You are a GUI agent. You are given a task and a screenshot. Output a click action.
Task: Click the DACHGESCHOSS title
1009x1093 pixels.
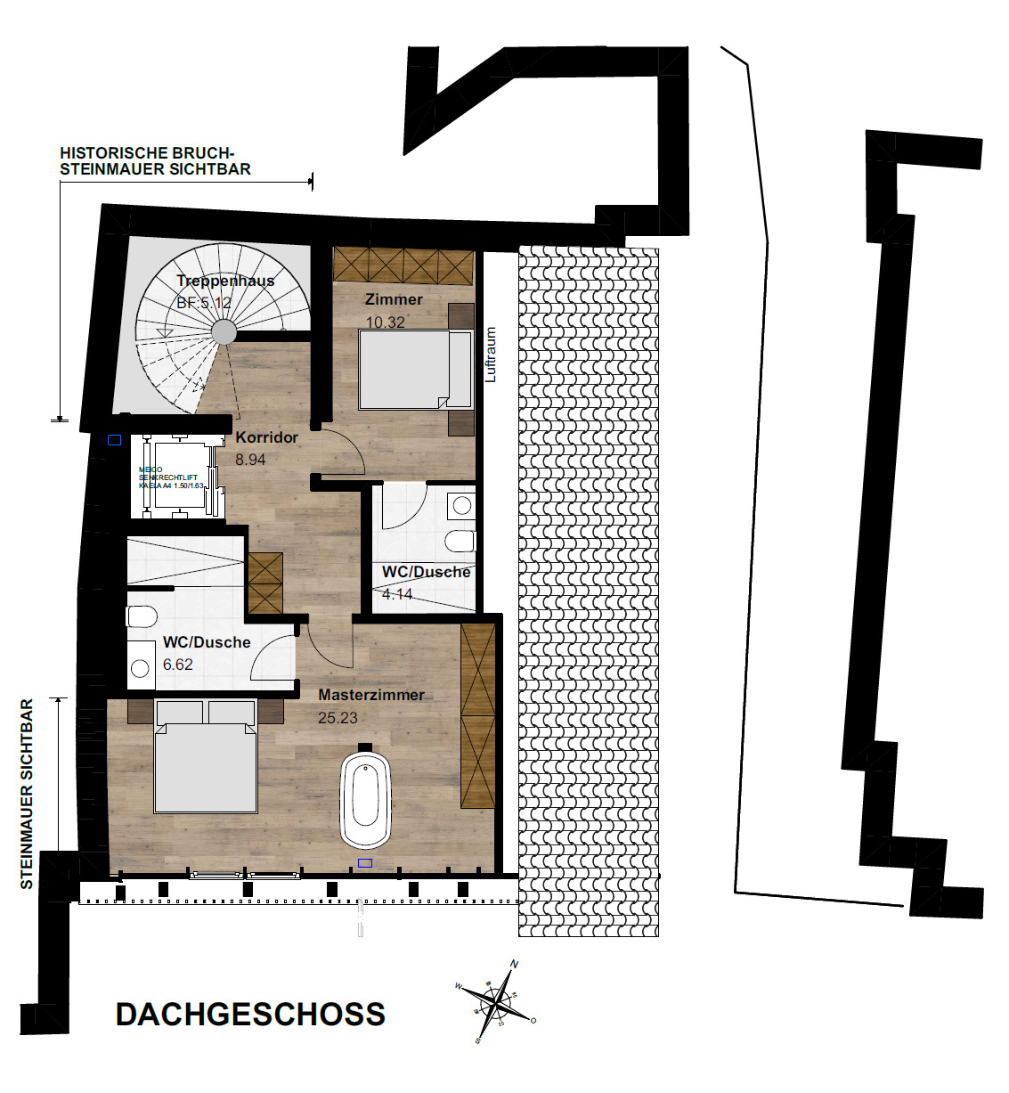pos(250,1015)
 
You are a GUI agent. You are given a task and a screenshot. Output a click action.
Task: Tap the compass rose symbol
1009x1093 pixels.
pos(495,1002)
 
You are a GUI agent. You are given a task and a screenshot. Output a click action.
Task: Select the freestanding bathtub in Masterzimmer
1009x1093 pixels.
pos(366,800)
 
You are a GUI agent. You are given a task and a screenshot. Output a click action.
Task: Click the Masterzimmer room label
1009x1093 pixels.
pos(371,695)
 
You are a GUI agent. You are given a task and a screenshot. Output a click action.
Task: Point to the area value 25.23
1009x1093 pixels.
pos(338,717)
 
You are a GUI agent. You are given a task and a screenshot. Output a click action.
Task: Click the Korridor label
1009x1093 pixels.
pos(266,437)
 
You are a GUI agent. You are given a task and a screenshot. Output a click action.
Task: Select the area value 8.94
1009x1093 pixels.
pos(250,460)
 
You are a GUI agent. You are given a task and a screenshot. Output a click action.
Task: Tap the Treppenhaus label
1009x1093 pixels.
pos(225,281)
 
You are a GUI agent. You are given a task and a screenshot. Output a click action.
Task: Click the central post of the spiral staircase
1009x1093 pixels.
pos(224,332)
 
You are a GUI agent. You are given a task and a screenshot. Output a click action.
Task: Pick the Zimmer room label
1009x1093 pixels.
pos(394,299)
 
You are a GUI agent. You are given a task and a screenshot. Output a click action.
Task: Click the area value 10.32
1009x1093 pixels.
pos(385,322)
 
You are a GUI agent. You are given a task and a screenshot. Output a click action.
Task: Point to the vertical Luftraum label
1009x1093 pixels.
pos(491,355)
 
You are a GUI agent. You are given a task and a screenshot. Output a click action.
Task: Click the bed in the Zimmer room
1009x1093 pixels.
pos(414,369)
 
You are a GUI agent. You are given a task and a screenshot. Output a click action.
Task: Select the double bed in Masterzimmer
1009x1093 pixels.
pos(206,762)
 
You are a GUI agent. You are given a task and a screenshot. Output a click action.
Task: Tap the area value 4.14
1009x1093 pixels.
pos(397,594)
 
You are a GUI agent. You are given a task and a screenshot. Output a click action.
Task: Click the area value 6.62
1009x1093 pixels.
pos(177,665)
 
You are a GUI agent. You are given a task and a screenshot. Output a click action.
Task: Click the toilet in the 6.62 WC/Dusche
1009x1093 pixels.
pos(142,616)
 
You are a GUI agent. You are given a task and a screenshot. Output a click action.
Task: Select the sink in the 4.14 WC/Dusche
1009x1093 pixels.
pos(461,506)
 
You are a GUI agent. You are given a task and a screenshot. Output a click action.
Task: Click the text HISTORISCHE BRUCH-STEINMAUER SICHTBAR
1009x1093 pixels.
pos(154,161)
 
